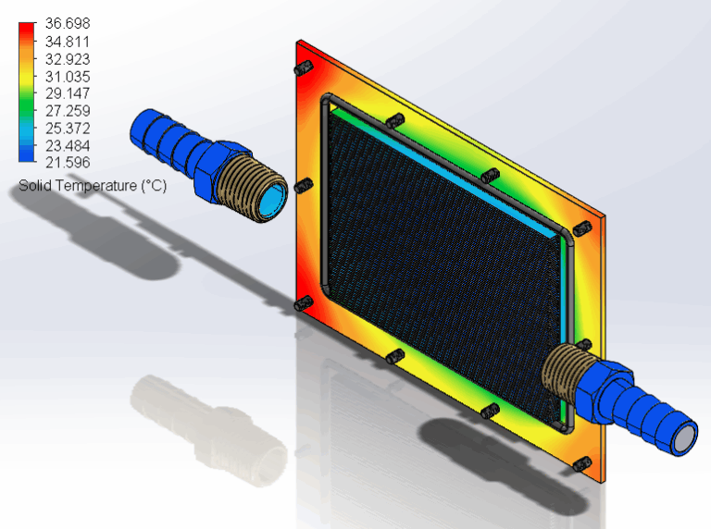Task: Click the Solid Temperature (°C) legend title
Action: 93,186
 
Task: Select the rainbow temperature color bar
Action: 26,93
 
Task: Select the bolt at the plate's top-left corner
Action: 302,70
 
